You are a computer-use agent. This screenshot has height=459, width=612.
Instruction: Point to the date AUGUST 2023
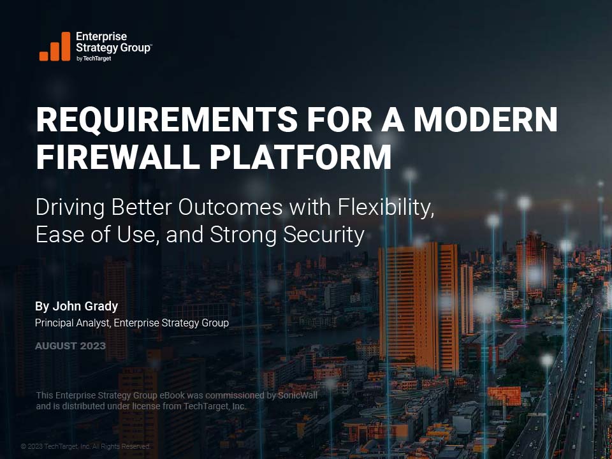pyautogui.click(x=70, y=346)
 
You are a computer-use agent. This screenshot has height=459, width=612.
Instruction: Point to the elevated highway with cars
pyautogui.click(x=574, y=382)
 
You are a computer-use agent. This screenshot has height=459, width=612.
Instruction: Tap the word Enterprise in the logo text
pyautogui.click(x=101, y=37)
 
